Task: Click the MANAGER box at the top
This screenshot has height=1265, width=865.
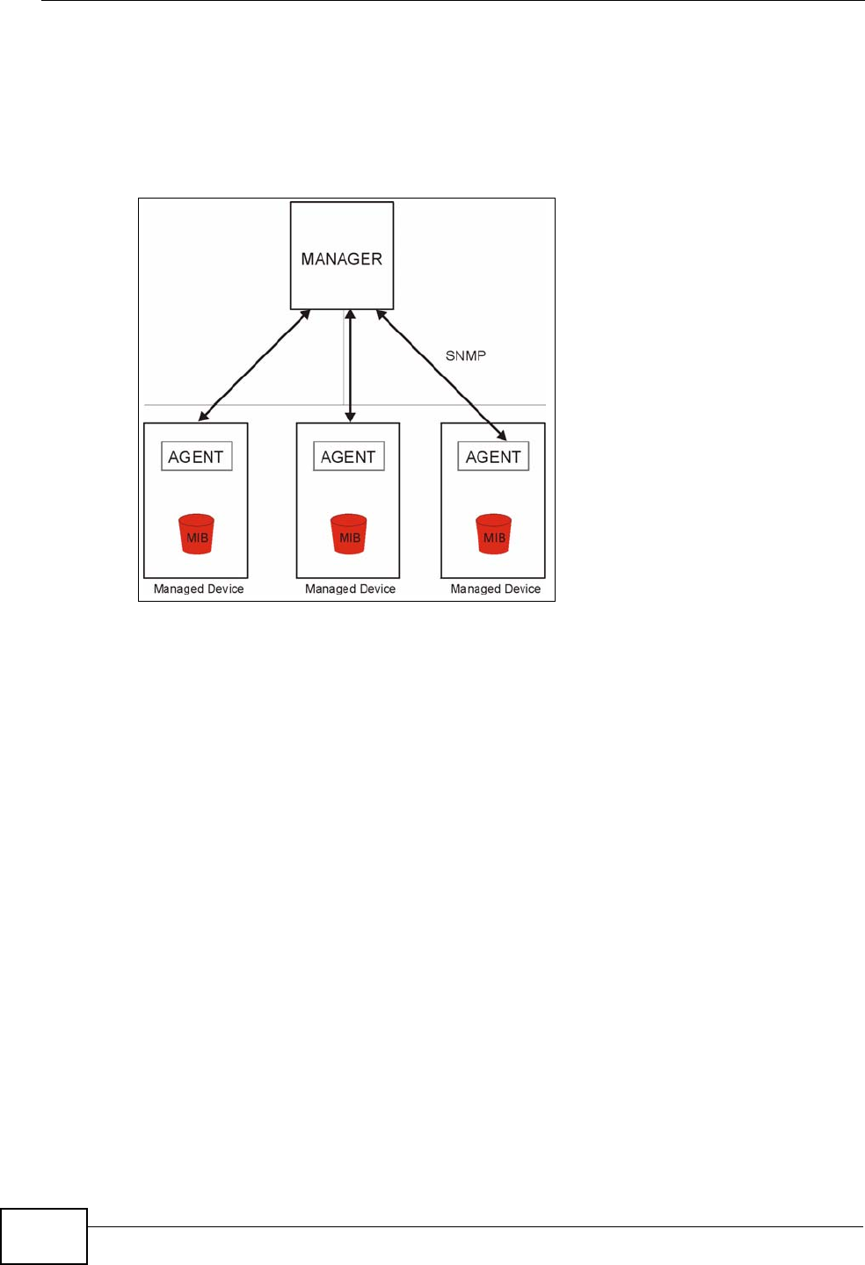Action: click(x=342, y=256)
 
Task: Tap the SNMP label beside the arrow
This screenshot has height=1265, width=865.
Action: click(x=465, y=356)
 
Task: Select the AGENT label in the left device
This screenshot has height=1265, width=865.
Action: click(x=196, y=457)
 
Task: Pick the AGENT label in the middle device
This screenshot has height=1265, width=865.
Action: click(x=348, y=457)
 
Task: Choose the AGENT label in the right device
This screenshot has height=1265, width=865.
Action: click(x=493, y=457)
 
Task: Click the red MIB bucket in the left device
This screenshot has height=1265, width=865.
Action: click(x=197, y=534)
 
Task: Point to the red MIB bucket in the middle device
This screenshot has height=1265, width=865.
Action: click(x=349, y=534)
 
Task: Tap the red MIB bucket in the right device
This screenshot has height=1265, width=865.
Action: click(x=494, y=534)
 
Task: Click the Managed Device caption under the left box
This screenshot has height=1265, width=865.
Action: click(x=199, y=589)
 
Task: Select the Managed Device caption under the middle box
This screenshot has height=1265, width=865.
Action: click(x=350, y=589)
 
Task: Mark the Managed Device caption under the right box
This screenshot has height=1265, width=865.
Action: click(x=496, y=589)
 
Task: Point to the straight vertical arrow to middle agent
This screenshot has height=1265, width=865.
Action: click(x=350, y=365)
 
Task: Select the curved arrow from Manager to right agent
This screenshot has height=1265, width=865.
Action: click(x=440, y=373)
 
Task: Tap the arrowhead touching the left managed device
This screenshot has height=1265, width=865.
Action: click(x=204, y=416)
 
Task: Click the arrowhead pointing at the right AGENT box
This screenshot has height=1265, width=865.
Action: click(x=501, y=434)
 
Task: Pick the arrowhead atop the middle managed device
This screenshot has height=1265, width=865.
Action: click(x=350, y=416)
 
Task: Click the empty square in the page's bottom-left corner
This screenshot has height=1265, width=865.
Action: click(x=44, y=1236)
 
